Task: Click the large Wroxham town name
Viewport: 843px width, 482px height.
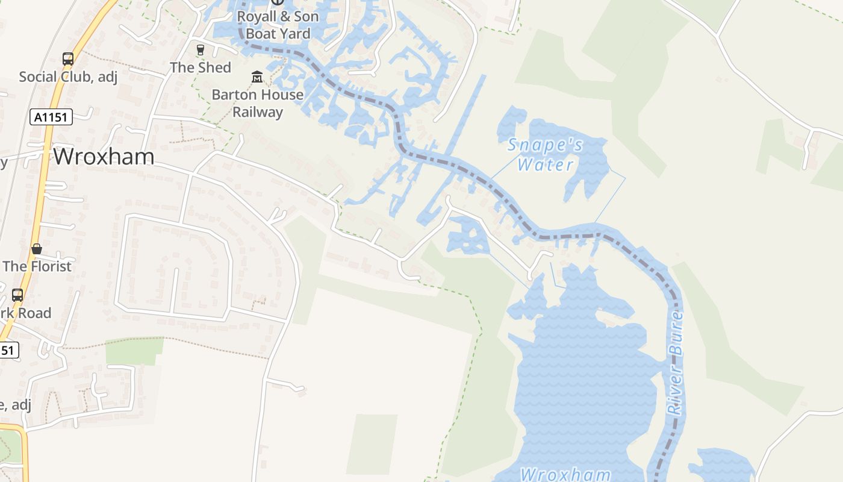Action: (x=104, y=157)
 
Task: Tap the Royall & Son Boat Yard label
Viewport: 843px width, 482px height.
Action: (x=278, y=25)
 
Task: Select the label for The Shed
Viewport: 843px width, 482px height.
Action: (x=201, y=67)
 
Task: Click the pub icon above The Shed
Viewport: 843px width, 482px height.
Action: (x=201, y=50)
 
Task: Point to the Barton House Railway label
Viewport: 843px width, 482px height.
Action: (x=257, y=103)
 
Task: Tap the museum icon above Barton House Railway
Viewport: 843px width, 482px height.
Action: (x=257, y=77)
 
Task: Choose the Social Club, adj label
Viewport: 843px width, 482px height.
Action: (x=68, y=77)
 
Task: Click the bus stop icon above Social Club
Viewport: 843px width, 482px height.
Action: (x=68, y=59)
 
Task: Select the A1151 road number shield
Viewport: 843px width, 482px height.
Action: (x=52, y=117)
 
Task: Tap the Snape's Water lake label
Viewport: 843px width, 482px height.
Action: (x=545, y=154)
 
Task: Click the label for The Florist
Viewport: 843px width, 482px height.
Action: (x=37, y=266)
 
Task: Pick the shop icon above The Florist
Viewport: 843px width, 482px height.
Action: (x=37, y=249)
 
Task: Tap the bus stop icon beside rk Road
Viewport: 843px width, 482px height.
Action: (x=17, y=295)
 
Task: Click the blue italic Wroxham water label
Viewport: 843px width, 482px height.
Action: (x=565, y=474)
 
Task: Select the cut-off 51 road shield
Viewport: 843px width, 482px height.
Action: (x=8, y=349)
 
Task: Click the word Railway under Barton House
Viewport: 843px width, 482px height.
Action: (x=257, y=112)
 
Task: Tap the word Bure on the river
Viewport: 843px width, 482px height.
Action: (x=677, y=332)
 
